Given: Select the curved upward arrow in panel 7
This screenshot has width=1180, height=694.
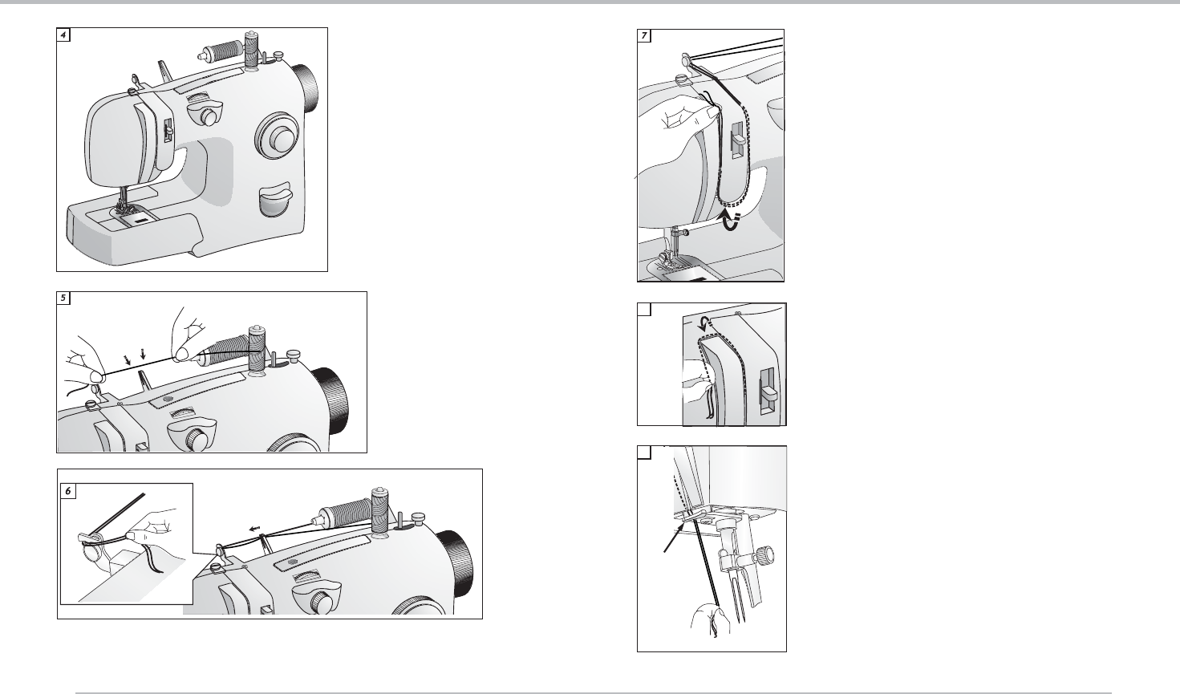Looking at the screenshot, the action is click(x=731, y=221).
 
